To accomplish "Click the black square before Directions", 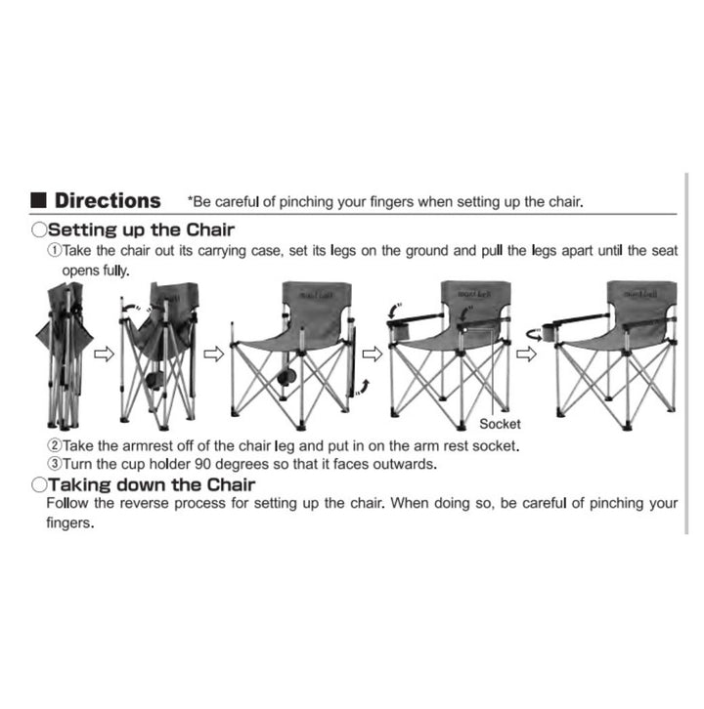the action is pyautogui.click(x=38, y=200).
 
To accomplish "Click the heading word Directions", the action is pyautogui.click(x=108, y=200).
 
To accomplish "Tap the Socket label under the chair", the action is pyautogui.click(x=500, y=424).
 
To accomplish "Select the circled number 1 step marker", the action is pyautogui.click(x=55, y=250).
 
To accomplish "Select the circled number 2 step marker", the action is pyautogui.click(x=55, y=445).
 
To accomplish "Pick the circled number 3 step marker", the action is pyautogui.click(x=55, y=464).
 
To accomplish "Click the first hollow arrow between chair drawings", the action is pyautogui.click(x=104, y=354).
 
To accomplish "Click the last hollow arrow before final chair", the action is pyautogui.click(x=526, y=354).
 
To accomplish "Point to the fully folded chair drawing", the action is pyautogui.click(x=65, y=355).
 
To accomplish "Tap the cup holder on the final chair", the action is pyautogui.click(x=549, y=332).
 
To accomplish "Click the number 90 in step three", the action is pyautogui.click(x=202, y=464).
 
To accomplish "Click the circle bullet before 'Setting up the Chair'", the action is pyautogui.click(x=39, y=229).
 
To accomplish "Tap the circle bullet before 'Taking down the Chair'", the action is pyautogui.click(x=39, y=484).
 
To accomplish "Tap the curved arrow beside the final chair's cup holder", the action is pyautogui.click(x=533, y=335).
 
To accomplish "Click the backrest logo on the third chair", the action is pyautogui.click(x=316, y=295).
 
